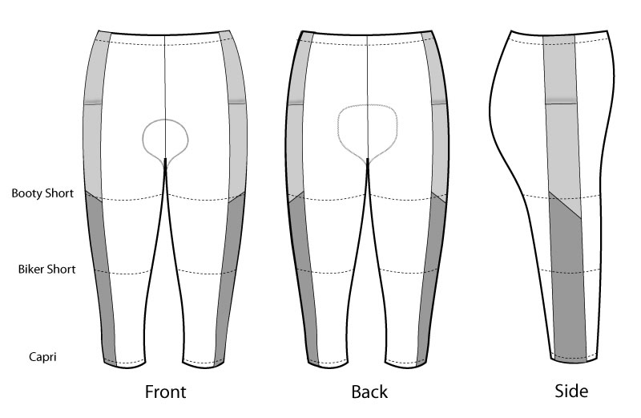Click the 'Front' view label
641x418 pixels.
166,392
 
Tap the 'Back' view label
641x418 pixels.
369,392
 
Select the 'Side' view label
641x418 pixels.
571,391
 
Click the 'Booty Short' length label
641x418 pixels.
42,193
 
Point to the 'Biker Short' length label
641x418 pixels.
46,269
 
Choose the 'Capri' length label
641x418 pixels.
42,357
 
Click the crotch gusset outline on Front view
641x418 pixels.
165,139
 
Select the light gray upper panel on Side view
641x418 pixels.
562,123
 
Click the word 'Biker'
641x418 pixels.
32,269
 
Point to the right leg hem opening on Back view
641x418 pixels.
406,363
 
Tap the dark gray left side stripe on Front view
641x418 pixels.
102,278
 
